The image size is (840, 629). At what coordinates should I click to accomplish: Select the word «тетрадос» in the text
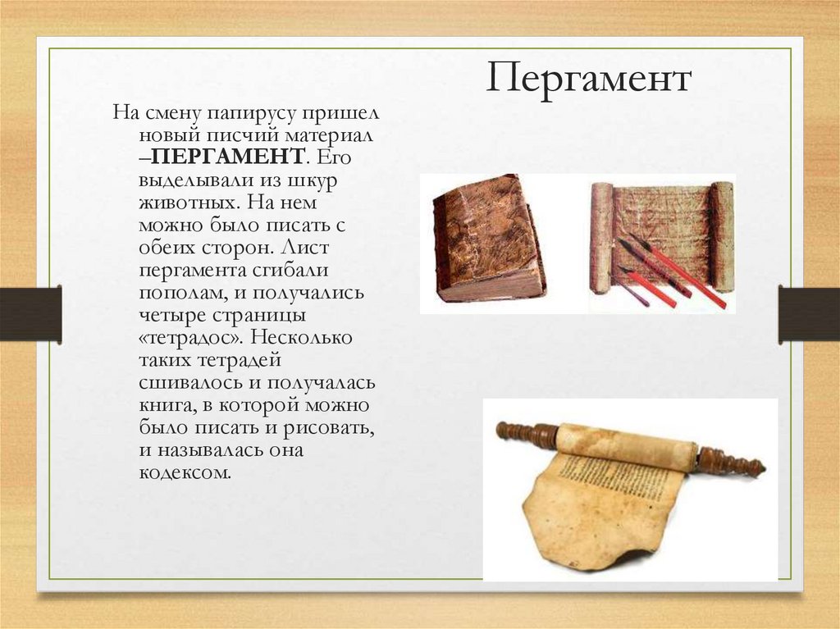click(191, 337)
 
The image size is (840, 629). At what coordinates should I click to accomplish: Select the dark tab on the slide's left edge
click(30, 314)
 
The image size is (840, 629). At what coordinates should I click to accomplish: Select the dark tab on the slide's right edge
click(809, 314)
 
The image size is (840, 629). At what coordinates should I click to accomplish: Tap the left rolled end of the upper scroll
click(600, 238)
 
